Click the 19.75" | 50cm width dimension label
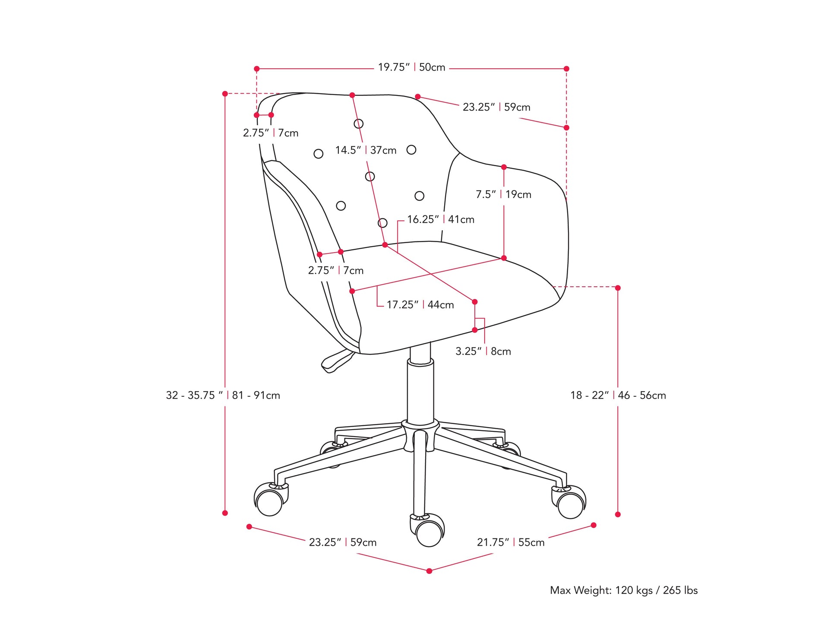click(411, 67)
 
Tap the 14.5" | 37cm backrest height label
click(366, 150)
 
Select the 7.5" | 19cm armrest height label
click(503, 194)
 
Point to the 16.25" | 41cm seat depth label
click(440, 219)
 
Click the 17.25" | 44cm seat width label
click(420, 305)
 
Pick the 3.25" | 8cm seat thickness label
click(483, 351)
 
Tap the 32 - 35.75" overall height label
click(223, 395)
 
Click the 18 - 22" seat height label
click(618, 395)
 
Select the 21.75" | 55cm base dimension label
click(511, 542)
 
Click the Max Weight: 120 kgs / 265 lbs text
click(623, 590)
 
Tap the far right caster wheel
click(570, 505)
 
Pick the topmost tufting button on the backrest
click(358, 124)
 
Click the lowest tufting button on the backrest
click(382, 223)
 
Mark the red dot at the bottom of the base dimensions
click(429, 571)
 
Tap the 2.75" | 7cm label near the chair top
click(271, 133)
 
